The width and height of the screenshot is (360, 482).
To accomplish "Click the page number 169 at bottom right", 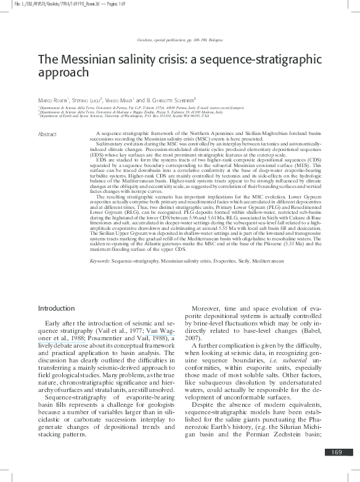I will pos(335,470).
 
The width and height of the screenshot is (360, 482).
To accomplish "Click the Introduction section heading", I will pos(57,308).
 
